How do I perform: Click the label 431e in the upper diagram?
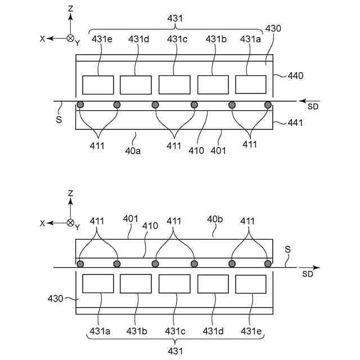click(99, 39)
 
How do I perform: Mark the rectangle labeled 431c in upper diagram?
click(174, 84)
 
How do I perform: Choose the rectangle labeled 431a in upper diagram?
click(250, 84)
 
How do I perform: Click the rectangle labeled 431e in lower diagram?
click(251, 283)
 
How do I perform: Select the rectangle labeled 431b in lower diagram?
click(136, 283)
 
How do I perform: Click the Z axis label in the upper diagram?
click(70, 10)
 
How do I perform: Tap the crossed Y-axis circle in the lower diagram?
click(70, 223)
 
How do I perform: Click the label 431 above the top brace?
click(175, 19)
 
